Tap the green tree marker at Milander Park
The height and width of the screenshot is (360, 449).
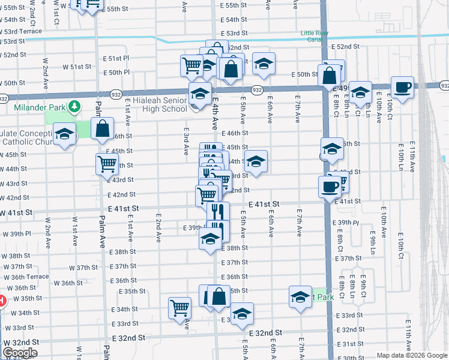tap(74, 107)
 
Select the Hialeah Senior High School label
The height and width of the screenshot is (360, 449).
tap(152, 104)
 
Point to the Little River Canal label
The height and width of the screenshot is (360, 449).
tap(319, 37)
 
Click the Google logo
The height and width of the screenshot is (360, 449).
tap(20, 353)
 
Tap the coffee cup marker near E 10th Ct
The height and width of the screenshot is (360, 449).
tap(402, 88)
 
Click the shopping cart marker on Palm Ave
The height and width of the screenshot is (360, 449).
tap(107, 163)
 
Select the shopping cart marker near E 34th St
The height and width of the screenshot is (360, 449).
tap(180, 308)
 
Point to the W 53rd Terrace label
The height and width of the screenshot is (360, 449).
tap(22, 31)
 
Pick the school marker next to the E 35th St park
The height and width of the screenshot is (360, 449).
tap(300, 296)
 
